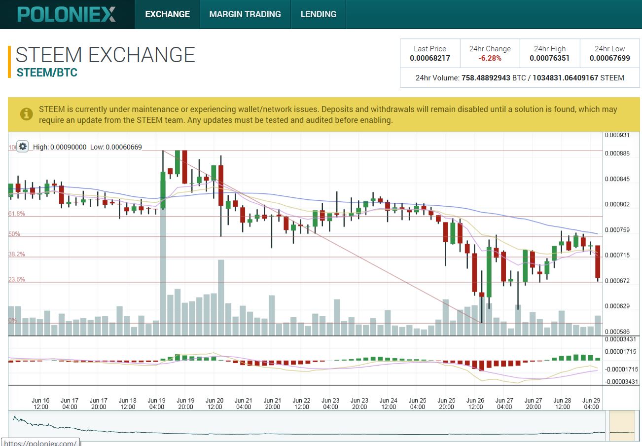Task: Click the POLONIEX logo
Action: [67, 14]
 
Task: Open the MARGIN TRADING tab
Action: [245, 14]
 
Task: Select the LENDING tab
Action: [319, 14]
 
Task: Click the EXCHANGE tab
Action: [167, 14]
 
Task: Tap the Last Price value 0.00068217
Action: [430, 58]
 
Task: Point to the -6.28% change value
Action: [490, 58]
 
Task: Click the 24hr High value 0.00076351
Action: [549, 58]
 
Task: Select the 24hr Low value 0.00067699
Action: [609, 58]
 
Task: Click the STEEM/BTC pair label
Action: [47, 73]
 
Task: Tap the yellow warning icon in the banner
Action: [26, 114]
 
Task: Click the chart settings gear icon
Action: [22, 147]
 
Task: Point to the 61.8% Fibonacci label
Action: [16, 214]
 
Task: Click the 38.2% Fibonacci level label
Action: [16, 254]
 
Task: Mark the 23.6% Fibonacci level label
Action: [16, 280]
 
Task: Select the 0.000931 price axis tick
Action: [617, 135]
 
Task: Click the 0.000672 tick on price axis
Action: [617, 281]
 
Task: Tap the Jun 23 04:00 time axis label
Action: [330, 404]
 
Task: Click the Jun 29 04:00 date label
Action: [591, 404]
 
